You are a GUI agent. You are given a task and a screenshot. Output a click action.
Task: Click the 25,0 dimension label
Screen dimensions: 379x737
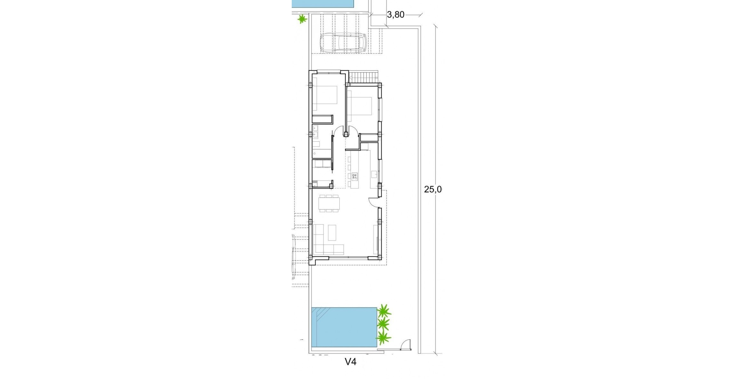point(432,189)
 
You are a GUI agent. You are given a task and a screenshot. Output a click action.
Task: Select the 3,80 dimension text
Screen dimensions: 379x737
point(395,15)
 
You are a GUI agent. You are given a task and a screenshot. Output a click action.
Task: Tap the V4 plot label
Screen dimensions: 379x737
point(350,361)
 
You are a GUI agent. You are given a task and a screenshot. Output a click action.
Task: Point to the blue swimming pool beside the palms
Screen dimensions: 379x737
point(344,327)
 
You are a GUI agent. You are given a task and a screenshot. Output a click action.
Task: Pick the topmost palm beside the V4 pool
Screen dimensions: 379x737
point(384,311)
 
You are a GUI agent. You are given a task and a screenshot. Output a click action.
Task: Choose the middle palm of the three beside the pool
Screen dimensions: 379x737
point(383,324)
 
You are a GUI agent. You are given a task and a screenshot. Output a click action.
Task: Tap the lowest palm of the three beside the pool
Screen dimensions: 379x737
point(383,337)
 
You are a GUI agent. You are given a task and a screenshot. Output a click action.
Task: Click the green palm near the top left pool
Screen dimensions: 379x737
point(302,19)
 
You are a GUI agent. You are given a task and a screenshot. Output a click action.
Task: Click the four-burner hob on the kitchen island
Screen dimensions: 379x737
point(354,176)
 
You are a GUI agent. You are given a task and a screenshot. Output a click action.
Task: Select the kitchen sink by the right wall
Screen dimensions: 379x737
point(374,175)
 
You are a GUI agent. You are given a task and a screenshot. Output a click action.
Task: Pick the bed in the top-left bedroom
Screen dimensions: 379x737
point(325,95)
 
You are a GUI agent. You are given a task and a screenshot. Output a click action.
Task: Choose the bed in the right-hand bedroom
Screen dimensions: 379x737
point(360,106)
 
